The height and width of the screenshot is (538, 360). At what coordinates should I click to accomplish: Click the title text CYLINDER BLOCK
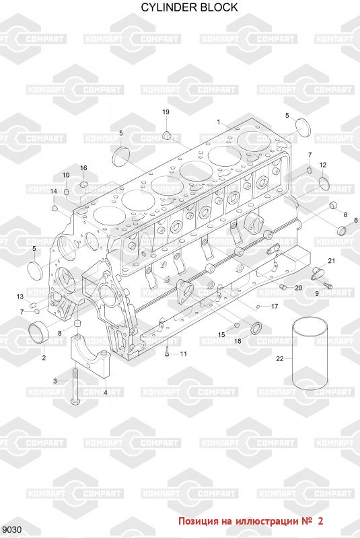point(189,7)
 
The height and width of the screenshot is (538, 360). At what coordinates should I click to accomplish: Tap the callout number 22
point(280,358)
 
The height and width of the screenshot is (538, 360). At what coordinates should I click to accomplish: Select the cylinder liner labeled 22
point(310,354)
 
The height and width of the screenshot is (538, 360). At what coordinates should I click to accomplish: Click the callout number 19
point(166,112)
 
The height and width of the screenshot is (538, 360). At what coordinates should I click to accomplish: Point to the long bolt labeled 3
point(75,385)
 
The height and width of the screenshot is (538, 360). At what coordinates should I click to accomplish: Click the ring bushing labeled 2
point(39,333)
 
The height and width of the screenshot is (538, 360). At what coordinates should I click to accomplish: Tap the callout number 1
point(219,122)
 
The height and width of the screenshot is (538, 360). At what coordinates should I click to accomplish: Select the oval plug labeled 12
point(324,183)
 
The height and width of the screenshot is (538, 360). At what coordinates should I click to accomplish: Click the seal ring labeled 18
point(256,328)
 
